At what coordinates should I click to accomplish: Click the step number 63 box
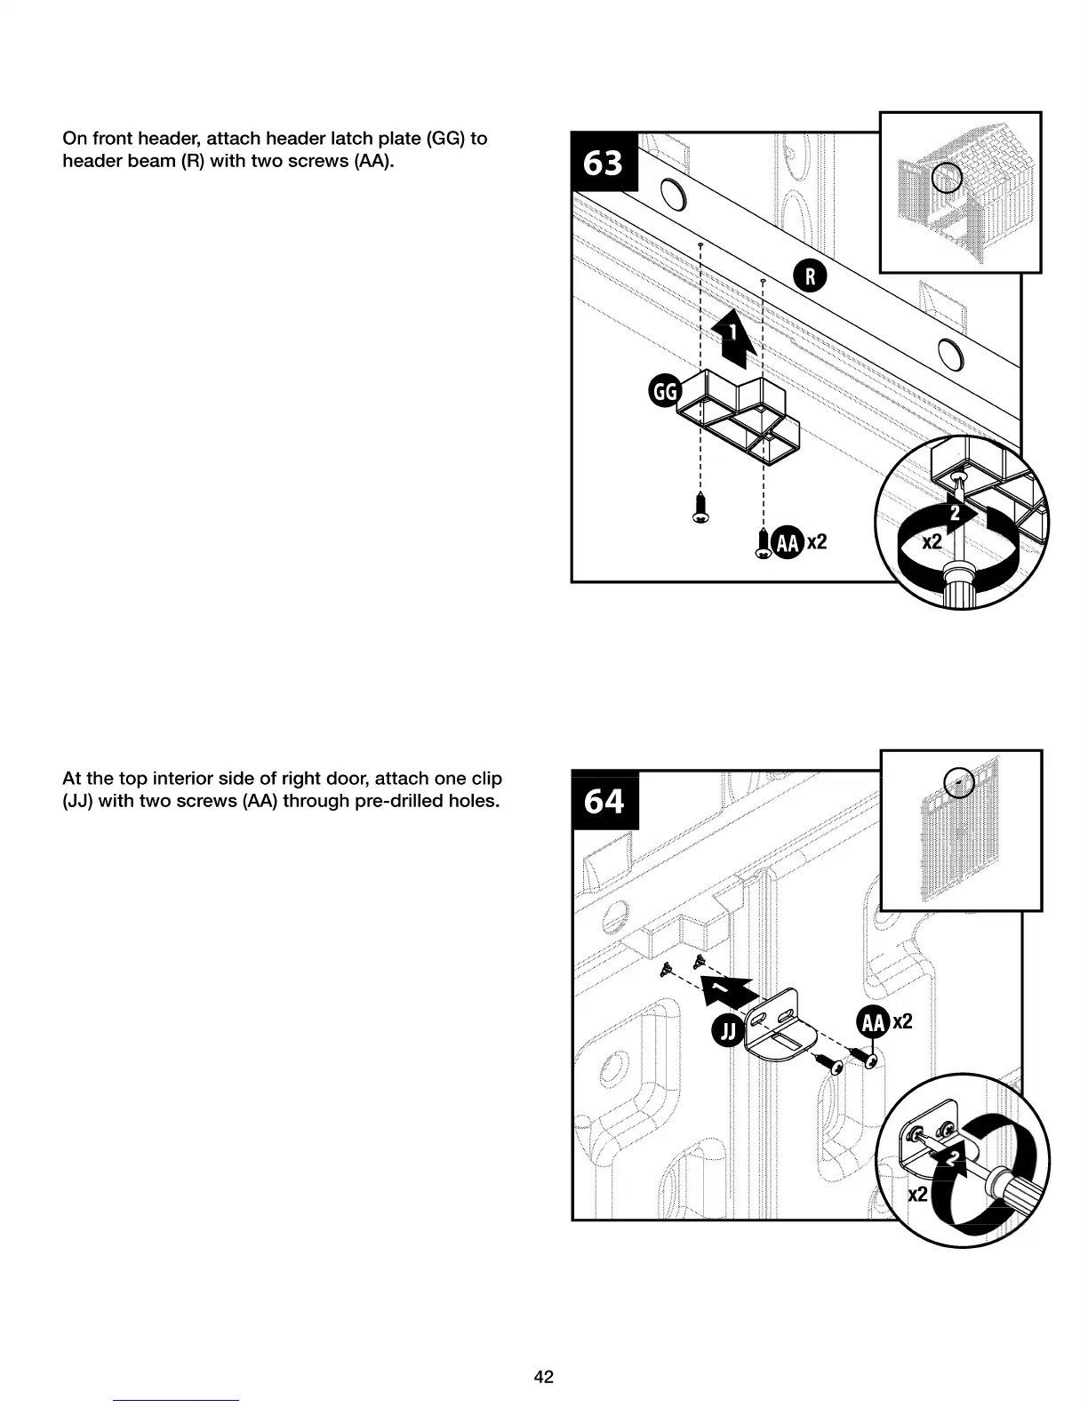click(604, 163)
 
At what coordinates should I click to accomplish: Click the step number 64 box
click(604, 801)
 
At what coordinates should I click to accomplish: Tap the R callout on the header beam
click(810, 276)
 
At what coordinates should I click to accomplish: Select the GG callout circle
click(665, 391)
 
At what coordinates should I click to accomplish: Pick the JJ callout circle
click(728, 1031)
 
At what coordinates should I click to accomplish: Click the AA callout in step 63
click(788, 542)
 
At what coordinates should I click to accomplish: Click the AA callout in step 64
click(873, 1022)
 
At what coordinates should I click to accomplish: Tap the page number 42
click(543, 1377)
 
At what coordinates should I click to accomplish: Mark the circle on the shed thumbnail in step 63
click(947, 180)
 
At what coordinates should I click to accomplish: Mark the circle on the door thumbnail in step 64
click(958, 782)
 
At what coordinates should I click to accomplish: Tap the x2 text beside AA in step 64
click(902, 1022)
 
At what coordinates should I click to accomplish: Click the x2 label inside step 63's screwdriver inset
click(931, 541)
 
